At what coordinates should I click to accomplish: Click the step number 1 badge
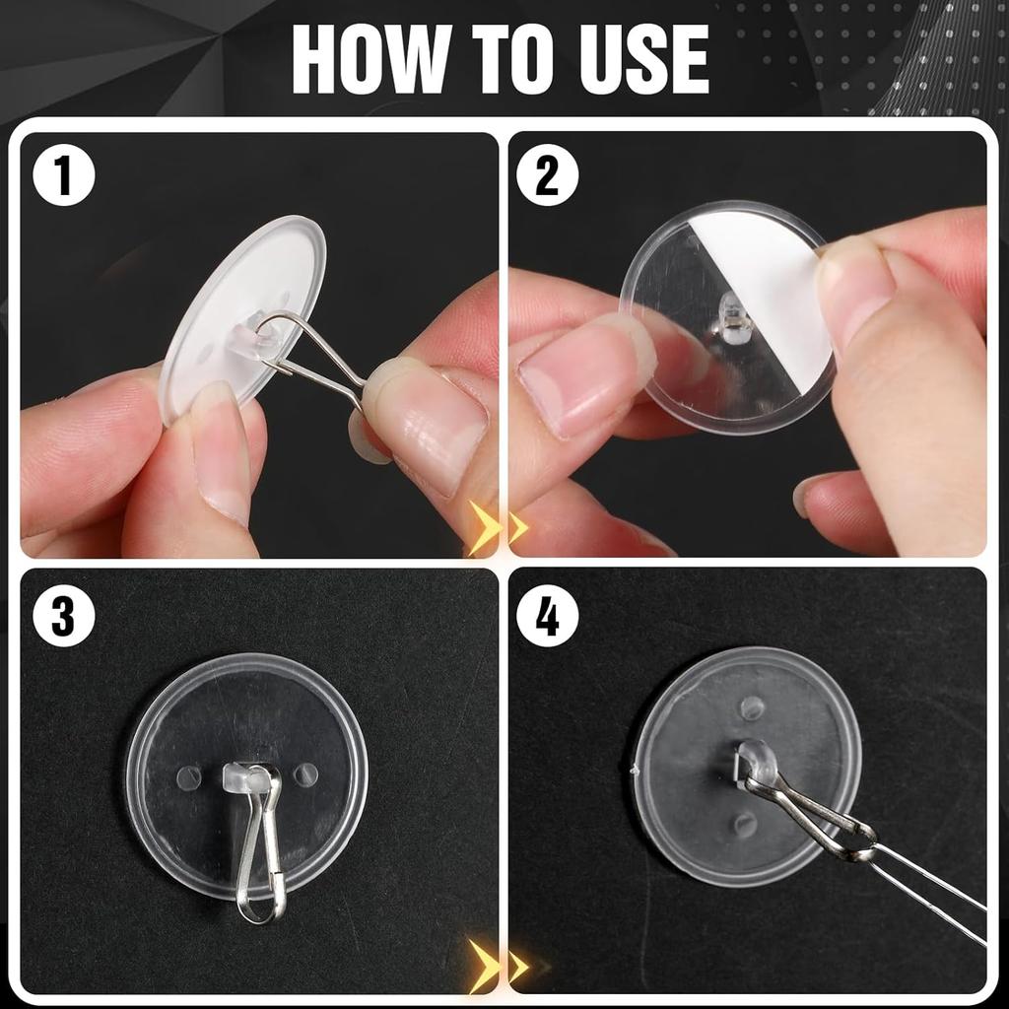tap(64, 178)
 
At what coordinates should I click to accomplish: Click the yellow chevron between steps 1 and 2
tap(493, 528)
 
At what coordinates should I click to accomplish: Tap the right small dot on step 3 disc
tap(305, 774)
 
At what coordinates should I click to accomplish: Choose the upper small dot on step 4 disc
tap(752, 707)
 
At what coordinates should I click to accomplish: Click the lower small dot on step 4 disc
tap(744, 824)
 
